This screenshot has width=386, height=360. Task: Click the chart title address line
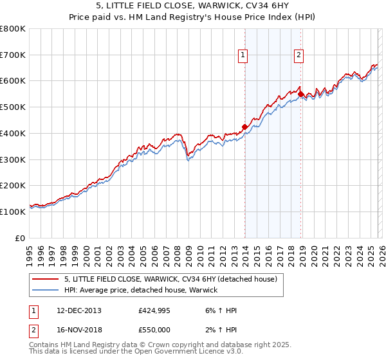point(193,6)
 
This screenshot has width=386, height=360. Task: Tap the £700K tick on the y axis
point(13,55)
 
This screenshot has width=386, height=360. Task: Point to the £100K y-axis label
point(13,212)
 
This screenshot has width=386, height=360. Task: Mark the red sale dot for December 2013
point(244,127)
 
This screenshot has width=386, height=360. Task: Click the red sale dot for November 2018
point(300,94)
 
